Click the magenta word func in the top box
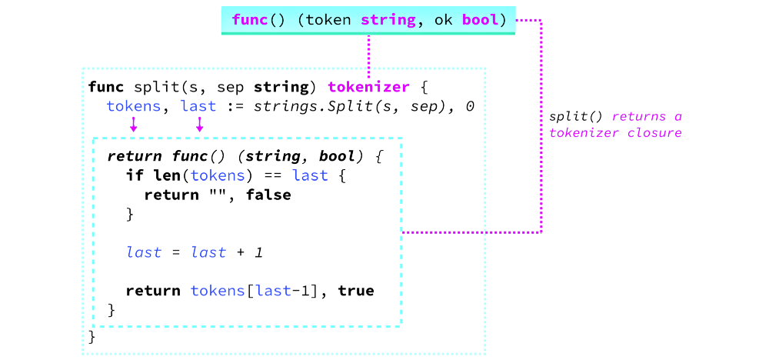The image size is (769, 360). (x=248, y=20)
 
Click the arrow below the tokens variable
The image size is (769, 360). (x=134, y=124)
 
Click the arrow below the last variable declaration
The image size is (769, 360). (x=199, y=124)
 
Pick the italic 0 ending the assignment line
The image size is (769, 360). (x=469, y=106)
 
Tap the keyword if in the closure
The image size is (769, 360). (x=134, y=175)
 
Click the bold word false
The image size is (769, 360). (x=268, y=195)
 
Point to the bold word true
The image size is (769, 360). (x=355, y=292)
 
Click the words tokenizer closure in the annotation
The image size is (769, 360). (x=615, y=132)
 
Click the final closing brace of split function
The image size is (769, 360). (x=92, y=336)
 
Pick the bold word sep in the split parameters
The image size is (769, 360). (x=232, y=86)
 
